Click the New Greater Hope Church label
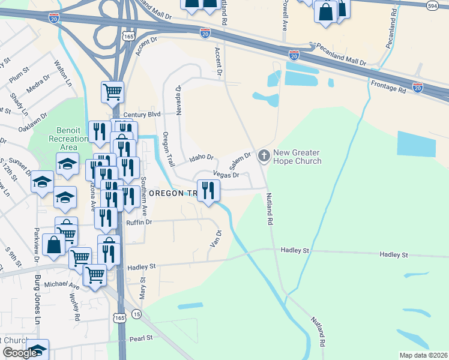(297, 157)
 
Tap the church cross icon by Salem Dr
(263, 156)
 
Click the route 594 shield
(432, 5)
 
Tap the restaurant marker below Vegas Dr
(208, 191)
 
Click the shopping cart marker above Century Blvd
(112, 92)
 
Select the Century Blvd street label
(142, 114)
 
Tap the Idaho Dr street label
(201, 158)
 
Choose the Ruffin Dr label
(139, 221)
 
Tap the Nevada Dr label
(178, 101)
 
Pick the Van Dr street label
(216, 238)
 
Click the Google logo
(20, 353)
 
